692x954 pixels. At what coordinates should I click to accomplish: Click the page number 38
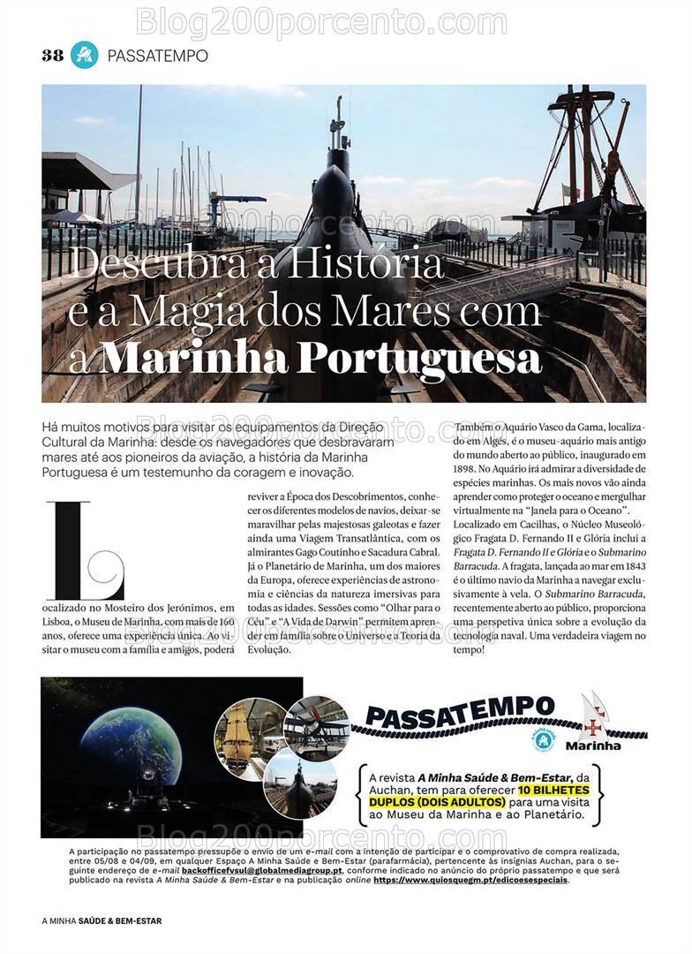click(52, 55)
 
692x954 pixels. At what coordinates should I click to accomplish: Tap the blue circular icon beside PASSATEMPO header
click(84, 55)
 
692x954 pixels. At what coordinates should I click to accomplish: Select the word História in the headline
click(370, 264)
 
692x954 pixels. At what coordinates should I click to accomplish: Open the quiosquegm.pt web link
click(471, 880)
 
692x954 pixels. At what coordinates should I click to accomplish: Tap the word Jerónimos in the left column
click(185, 607)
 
